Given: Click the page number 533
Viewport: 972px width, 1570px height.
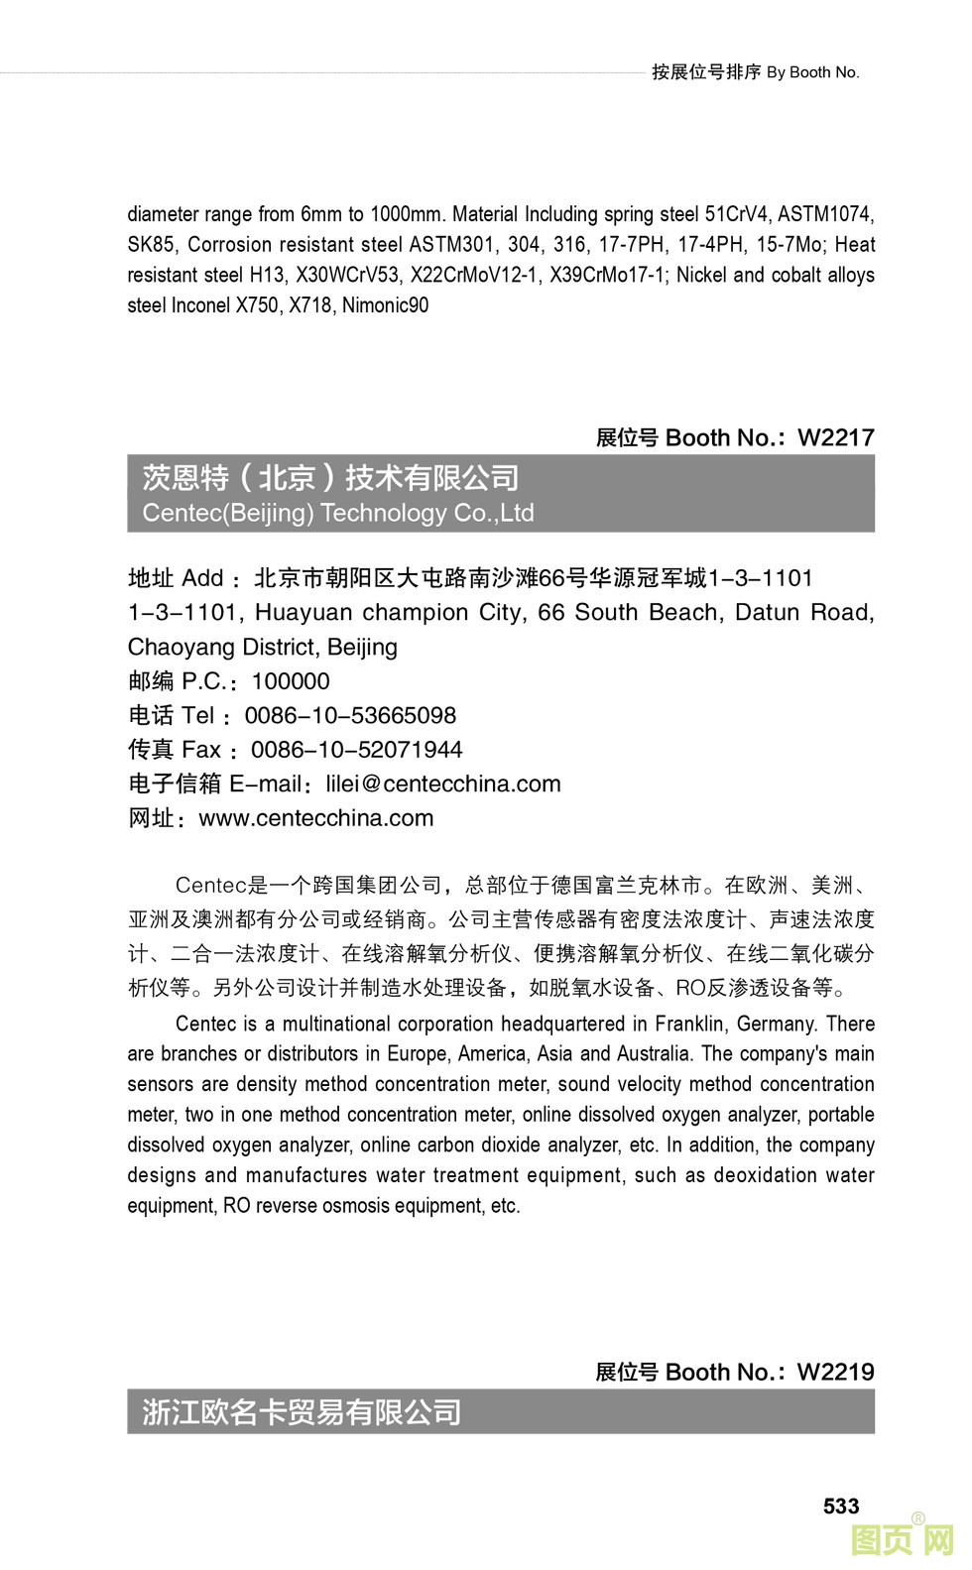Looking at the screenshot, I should click(x=840, y=1506).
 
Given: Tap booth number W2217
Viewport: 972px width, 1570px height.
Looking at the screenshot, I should click(x=835, y=437).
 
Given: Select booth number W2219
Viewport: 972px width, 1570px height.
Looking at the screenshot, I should click(x=835, y=1372).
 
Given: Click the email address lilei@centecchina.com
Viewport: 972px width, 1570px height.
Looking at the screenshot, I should click(x=443, y=784).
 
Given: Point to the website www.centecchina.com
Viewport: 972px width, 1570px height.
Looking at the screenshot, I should click(x=316, y=818).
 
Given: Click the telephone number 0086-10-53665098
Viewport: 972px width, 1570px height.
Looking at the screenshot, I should click(x=350, y=715).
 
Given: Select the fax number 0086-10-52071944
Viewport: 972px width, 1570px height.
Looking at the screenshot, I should click(x=356, y=750).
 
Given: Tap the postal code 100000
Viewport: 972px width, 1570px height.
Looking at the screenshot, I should click(x=291, y=681).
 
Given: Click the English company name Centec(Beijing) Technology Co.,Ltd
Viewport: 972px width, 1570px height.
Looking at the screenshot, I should click(x=338, y=513).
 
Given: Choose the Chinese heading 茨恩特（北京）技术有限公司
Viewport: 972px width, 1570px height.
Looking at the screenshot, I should click(x=330, y=478).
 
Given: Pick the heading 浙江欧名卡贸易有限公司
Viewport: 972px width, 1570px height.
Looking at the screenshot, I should click(x=302, y=1411).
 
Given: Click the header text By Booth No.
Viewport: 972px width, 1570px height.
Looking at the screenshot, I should click(x=812, y=72).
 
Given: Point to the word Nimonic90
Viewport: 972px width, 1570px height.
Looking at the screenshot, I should click(x=386, y=305).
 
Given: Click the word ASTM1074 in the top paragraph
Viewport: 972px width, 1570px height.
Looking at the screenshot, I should click(x=825, y=214).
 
